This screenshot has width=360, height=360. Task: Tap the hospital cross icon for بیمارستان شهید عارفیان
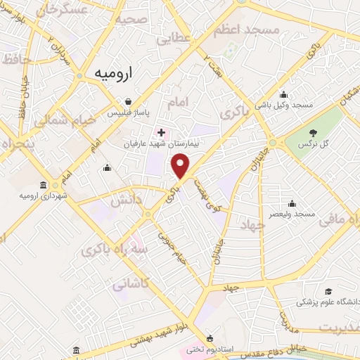pyautogui.click(x=162, y=131)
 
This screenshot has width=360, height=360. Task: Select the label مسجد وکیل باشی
pyautogui.click(x=293, y=105)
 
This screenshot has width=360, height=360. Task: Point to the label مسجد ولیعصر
pyautogui.click(x=295, y=213)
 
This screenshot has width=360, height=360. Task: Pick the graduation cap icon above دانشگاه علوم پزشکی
pyautogui.click(x=328, y=291)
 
